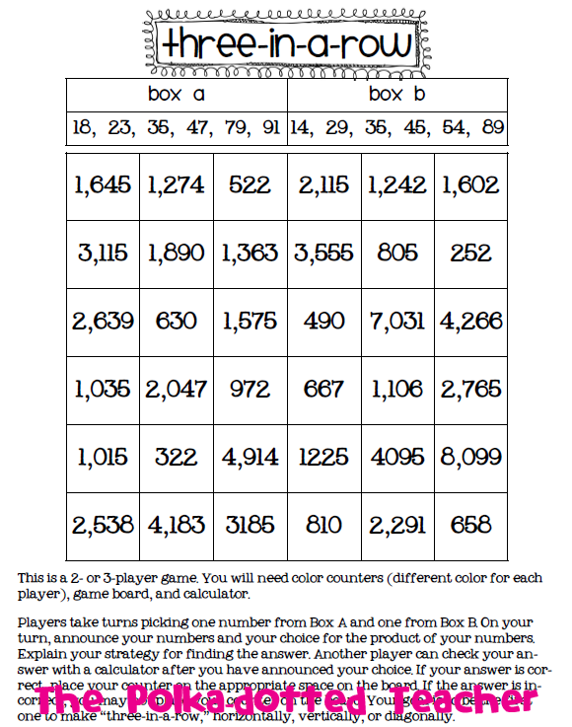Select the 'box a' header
coord(177,95)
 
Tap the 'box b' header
coord(398,95)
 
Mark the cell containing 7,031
coord(398,322)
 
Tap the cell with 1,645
coord(103,184)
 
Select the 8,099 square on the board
coord(471,457)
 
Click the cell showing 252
coord(471,254)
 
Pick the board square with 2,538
coord(103,525)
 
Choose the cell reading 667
coord(324,390)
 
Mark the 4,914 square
coord(250,457)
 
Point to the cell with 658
coord(471,525)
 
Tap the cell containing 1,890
coord(177,254)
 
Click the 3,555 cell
coord(324,254)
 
